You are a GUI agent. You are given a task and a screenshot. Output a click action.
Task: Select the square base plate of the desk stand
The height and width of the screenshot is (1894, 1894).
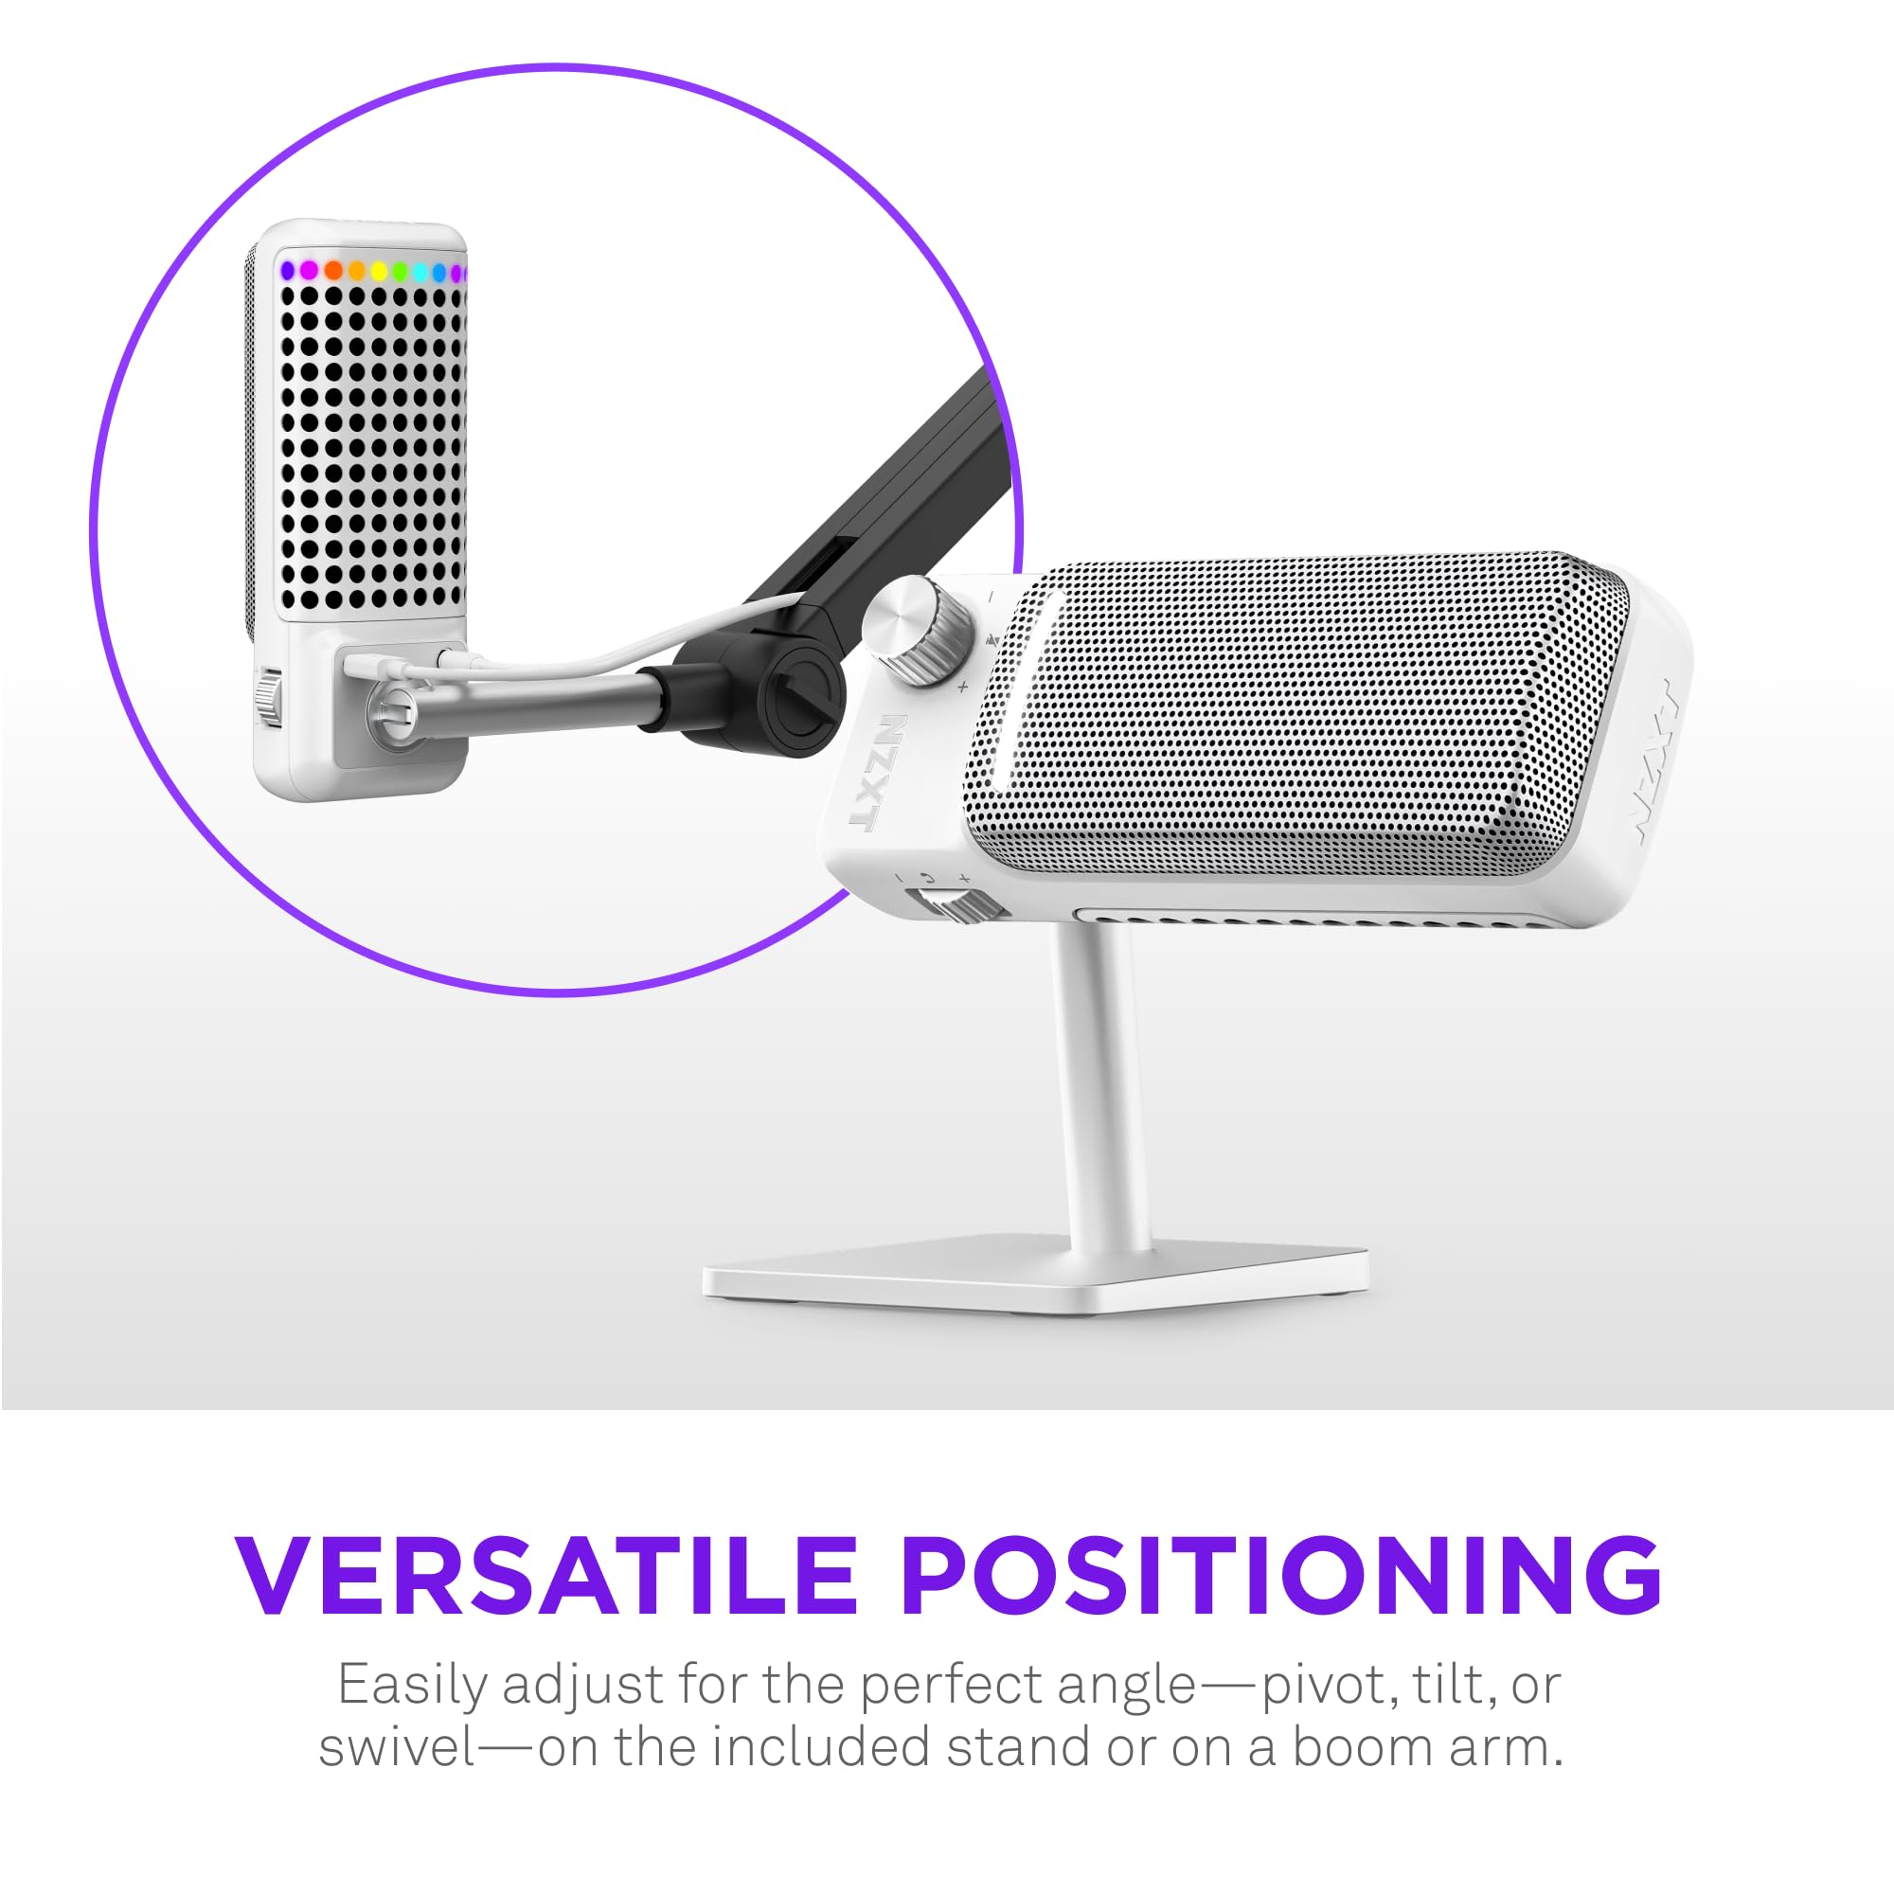tap(1035, 1274)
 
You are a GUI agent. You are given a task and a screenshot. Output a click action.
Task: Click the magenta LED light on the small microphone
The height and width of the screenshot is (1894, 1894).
tap(309, 270)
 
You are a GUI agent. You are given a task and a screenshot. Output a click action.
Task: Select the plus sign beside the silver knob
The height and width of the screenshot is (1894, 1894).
tap(962, 687)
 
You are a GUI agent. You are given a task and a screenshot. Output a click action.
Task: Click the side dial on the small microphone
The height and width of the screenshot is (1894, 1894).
tap(268, 697)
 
